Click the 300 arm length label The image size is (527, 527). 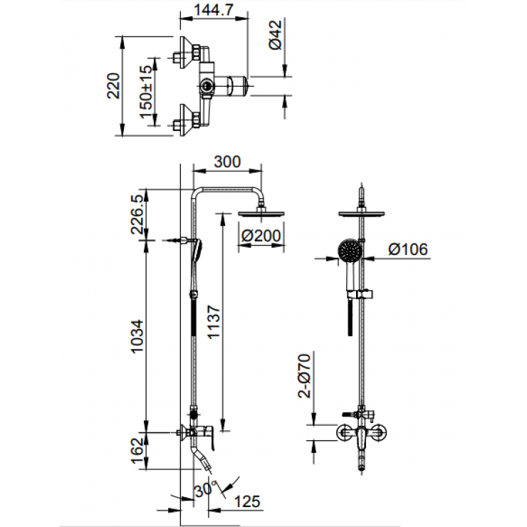[x=226, y=162]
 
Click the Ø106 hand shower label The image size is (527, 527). [x=408, y=249]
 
